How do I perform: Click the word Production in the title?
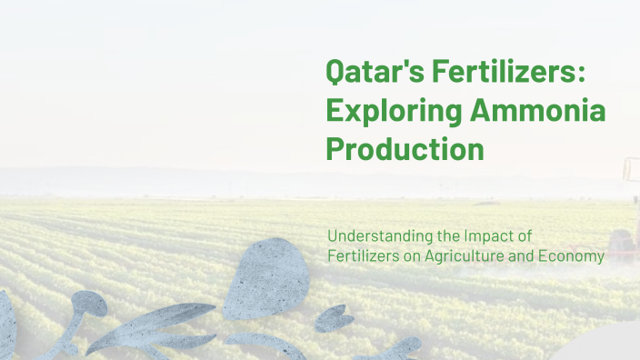(405, 148)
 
